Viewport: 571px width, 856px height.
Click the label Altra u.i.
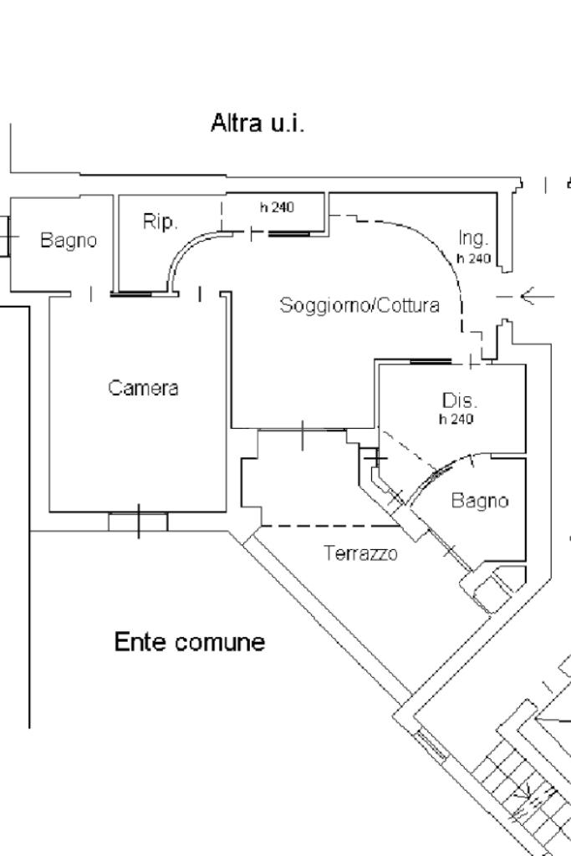pyautogui.click(x=257, y=125)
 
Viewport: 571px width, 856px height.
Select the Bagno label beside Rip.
pyautogui.click(x=69, y=241)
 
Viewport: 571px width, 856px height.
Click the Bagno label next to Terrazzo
pyautogui.click(x=480, y=501)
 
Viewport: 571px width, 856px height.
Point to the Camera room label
pyautogui.click(x=143, y=388)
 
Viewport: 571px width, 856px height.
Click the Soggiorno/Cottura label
pyautogui.click(x=359, y=305)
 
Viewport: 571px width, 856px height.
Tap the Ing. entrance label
pyautogui.click(x=473, y=239)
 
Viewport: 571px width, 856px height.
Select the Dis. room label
pyautogui.click(x=460, y=400)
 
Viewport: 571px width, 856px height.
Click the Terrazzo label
pyautogui.click(x=360, y=553)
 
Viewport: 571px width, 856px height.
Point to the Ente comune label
pyautogui.click(x=189, y=643)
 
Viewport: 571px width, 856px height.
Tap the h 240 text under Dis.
pyautogui.click(x=456, y=419)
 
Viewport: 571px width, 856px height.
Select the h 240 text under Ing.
pyautogui.click(x=473, y=258)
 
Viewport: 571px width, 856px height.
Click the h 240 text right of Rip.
pyautogui.click(x=277, y=207)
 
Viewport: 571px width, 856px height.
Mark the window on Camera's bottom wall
pyautogui.click(x=138, y=522)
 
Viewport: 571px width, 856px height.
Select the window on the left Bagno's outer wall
pyautogui.click(x=6, y=237)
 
